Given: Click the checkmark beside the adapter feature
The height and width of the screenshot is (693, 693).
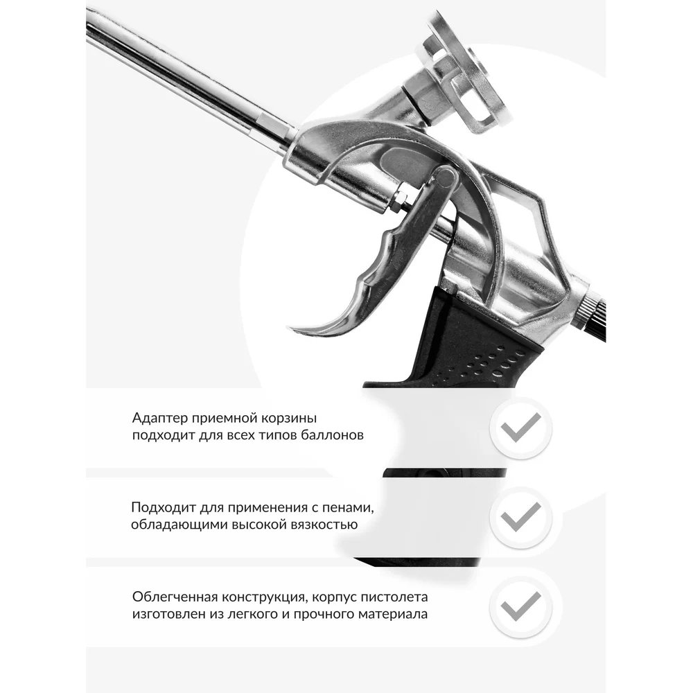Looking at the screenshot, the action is click(520, 428).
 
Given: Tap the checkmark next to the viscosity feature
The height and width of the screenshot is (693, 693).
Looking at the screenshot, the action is click(520, 518).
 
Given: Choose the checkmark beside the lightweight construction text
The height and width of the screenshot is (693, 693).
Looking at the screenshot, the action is click(520, 607).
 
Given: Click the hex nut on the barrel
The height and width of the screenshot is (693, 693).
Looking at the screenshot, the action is click(398, 200).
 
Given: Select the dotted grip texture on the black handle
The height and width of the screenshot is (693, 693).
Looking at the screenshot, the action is click(493, 365).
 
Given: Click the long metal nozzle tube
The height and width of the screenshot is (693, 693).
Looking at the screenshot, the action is click(186, 75).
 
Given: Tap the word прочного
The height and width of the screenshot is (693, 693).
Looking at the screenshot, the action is click(324, 614).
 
